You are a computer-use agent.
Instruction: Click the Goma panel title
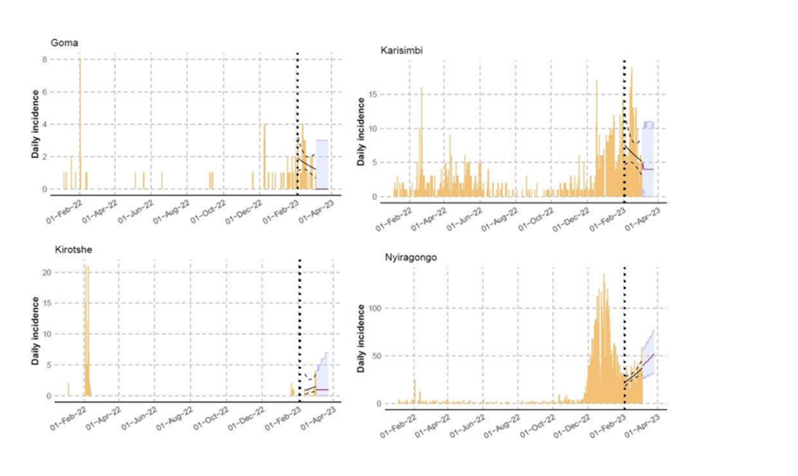click(65, 43)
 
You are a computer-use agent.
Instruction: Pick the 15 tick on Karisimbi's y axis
click(380, 95)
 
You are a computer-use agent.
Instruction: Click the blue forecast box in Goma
click(322, 164)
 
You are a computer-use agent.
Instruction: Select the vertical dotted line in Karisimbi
click(624, 127)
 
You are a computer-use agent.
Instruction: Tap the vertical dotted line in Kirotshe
click(300, 329)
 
